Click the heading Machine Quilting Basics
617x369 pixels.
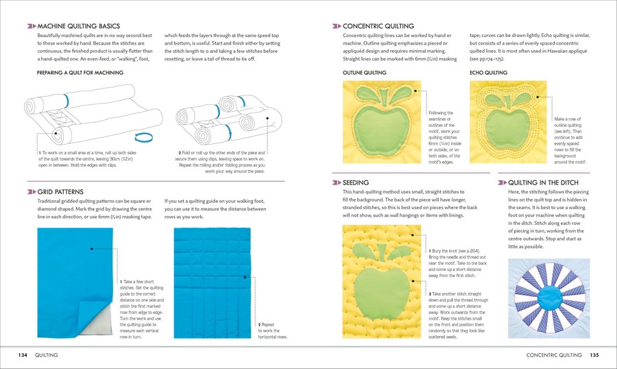(x=77, y=25)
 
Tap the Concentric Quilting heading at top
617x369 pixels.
(x=375, y=25)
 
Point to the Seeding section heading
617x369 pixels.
(x=356, y=182)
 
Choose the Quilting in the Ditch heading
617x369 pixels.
(x=544, y=182)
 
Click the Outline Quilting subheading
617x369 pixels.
(x=364, y=72)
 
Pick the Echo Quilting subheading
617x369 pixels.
(x=488, y=72)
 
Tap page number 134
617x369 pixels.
(x=23, y=355)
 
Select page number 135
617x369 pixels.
(x=594, y=355)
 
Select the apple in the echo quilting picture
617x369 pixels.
(x=507, y=117)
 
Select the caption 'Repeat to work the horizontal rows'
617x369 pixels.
(x=272, y=331)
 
